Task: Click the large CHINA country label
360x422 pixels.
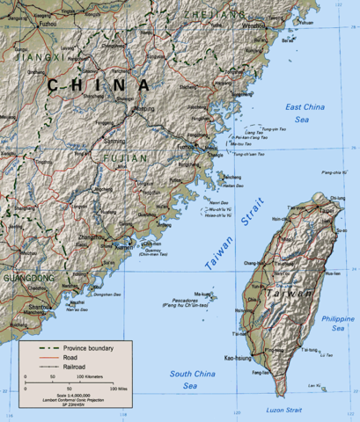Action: point(99,85)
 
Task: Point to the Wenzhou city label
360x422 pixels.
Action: point(254,26)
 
